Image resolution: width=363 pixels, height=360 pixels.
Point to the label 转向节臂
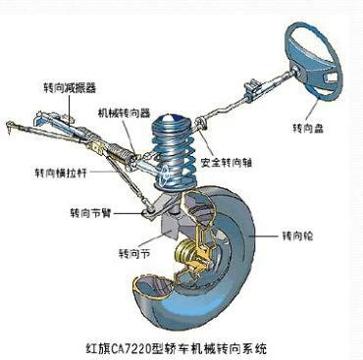89,209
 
